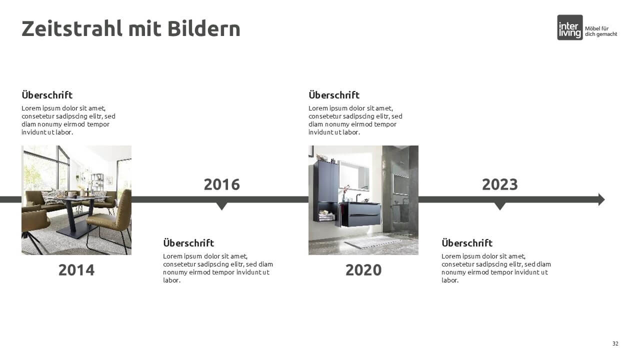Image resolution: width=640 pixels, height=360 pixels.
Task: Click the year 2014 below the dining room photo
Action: point(76,270)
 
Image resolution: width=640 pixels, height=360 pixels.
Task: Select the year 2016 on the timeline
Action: point(221,184)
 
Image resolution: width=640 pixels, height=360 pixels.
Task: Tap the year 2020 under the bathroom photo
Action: point(363,270)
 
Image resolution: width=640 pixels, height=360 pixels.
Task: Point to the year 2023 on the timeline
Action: point(499,184)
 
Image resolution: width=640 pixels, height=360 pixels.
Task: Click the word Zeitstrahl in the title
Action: point(72,29)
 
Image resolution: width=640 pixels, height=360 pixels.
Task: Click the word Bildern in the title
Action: point(203,29)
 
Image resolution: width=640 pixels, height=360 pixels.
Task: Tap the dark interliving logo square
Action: point(569,27)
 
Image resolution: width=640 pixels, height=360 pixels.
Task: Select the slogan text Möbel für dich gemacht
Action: point(601,31)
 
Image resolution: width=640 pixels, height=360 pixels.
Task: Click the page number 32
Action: point(615,343)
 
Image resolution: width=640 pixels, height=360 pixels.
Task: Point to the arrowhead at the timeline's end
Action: point(601,199)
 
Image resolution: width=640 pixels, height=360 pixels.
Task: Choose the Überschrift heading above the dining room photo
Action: point(47,95)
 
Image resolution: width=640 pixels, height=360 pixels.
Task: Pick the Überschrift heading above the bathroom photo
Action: point(334,95)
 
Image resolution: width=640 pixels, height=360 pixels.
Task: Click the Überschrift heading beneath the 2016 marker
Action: point(188,243)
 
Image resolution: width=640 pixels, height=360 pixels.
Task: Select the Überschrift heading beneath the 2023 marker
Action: point(467,243)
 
